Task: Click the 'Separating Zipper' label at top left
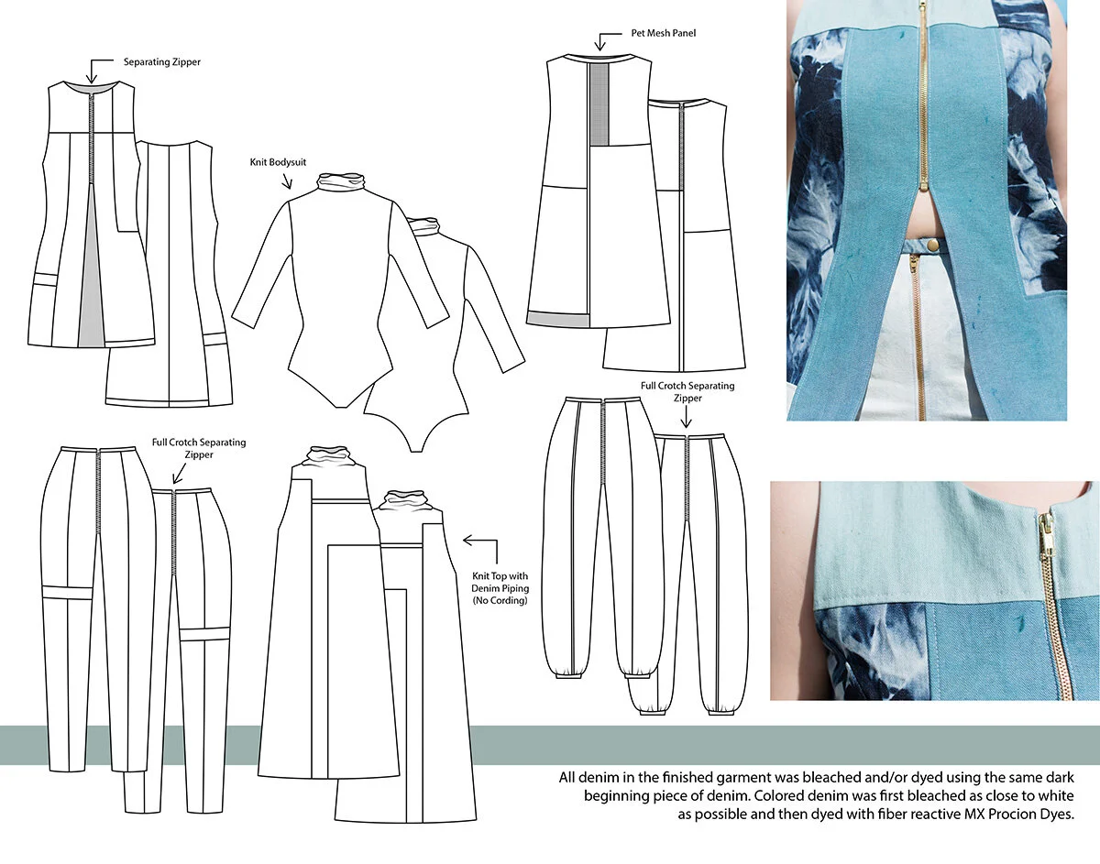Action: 162,62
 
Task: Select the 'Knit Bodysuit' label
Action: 278,162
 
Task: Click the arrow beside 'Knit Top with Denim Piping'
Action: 474,541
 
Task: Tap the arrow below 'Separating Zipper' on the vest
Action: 93,70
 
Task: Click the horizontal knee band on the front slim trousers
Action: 67,592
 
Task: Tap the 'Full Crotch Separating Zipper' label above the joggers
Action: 687,392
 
